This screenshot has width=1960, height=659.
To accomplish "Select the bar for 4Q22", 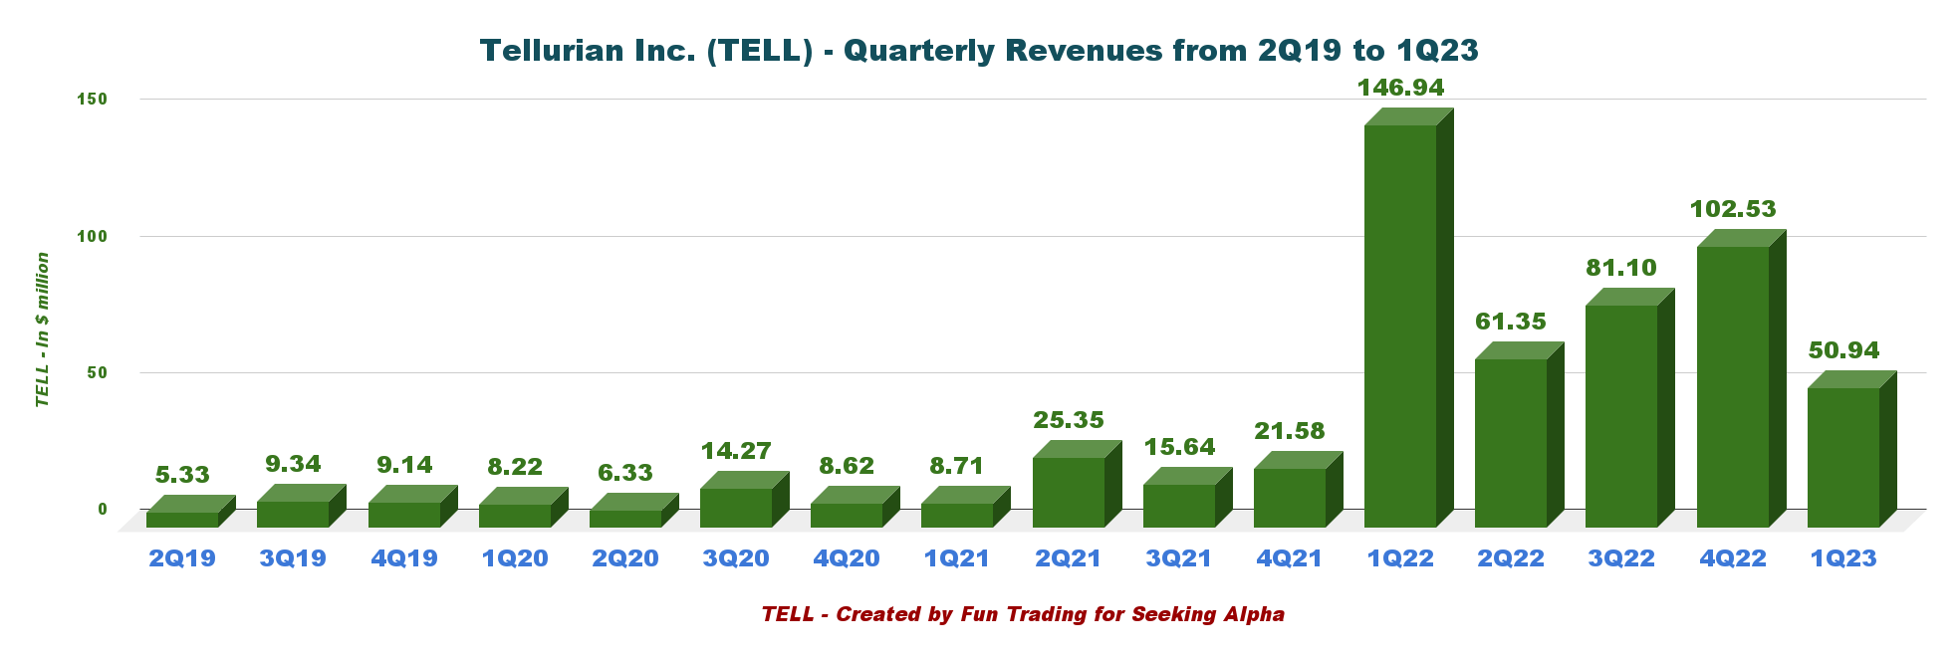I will (x=1733, y=385).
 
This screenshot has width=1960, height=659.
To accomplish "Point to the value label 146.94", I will (x=1400, y=88).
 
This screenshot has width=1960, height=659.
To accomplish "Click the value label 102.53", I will (x=1733, y=209).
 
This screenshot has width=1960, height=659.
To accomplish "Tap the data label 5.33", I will (x=182, y=475).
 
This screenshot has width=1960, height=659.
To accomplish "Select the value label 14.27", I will (x=736, y=451).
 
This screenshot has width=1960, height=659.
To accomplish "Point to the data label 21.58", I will (x=1290, y=431).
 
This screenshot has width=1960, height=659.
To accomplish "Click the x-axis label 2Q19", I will (x=182, y=558).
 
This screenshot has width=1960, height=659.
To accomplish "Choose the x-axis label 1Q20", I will (x=515, y=558).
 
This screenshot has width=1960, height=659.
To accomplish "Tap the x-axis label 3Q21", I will (x=1179, y=558).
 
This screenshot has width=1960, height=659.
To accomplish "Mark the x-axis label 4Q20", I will (x=847, y=558).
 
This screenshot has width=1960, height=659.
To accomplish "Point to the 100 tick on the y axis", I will (x=93, y=236).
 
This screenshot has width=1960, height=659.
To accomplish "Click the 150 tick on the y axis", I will (x=93, y=100).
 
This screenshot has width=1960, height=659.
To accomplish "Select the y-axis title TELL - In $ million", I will (x=43, y=329).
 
